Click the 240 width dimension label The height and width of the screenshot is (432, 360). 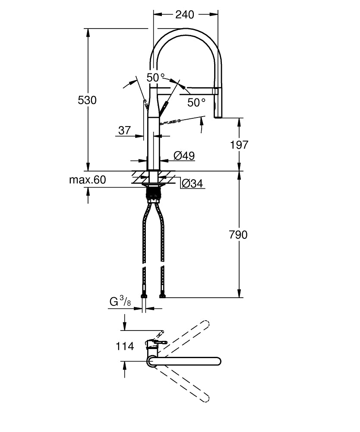coord(184,14)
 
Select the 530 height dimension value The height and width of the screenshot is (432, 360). coord(87,100)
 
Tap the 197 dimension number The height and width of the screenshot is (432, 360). coord(239,145)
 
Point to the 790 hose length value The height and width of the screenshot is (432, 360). coord(238,235)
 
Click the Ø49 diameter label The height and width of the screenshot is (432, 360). coord(184,156)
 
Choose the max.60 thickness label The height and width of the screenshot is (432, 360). coord(87,180)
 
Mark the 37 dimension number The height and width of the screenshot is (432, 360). coord(124,130)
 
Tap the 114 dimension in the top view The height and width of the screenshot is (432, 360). coord(125,346)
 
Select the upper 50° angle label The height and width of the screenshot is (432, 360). coord(155,78)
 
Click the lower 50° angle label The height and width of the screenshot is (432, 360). coord(196,102)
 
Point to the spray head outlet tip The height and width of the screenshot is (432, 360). coord(218,116)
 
